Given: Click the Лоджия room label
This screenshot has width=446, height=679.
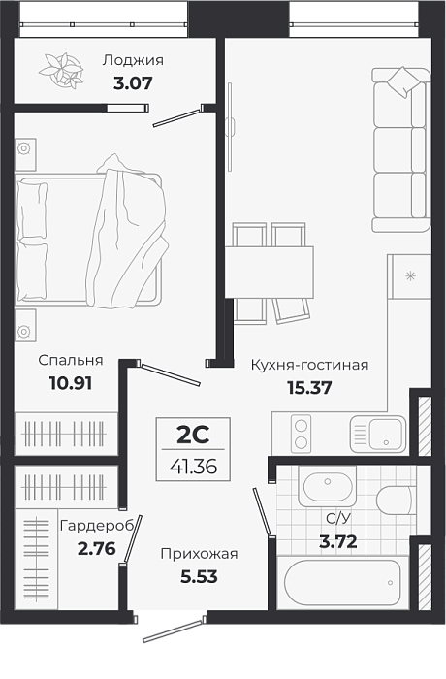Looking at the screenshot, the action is click(x=133, y=60).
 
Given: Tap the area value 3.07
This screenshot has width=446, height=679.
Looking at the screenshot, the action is click(x=133, y=83).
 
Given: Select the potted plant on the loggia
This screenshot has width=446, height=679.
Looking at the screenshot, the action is click(x=61, y=71).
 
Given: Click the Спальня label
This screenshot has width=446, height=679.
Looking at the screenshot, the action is click(x=71, y=360).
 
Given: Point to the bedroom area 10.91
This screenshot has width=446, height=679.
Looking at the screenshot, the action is click(x=71, y=383).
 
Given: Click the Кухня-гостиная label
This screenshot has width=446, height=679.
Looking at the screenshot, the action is click(x=309, y=365).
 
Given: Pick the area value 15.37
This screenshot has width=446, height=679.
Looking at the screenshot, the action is click(x=309, y=388).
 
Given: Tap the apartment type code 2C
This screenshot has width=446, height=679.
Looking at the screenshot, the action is click(x=193, y=435).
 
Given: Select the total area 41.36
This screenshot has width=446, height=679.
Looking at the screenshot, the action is click(x=193, y=466).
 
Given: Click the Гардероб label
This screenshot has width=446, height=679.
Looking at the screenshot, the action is click(x=97, y=526).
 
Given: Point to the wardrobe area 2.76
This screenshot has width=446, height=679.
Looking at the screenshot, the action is click(x=97, y=549).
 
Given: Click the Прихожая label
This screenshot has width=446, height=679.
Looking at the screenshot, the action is click(x=199, y=554).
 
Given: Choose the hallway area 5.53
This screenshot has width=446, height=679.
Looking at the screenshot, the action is click(x=199, y=577).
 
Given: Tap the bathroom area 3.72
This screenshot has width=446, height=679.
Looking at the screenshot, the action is click(x=338, y=541).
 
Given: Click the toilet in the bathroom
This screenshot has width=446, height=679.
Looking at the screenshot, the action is click(x=394, y=501).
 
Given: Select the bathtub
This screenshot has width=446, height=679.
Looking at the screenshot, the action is click(x=342, y=582).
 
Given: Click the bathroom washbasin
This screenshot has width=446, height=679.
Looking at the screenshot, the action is click(x=328, y=486).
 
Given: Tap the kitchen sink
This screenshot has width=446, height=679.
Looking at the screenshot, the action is click(x=378, y=435).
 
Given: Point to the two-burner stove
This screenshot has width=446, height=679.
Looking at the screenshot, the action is click(x=301, y=435).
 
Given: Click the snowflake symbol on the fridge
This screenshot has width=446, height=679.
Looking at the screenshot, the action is click(x=410, y=275).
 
